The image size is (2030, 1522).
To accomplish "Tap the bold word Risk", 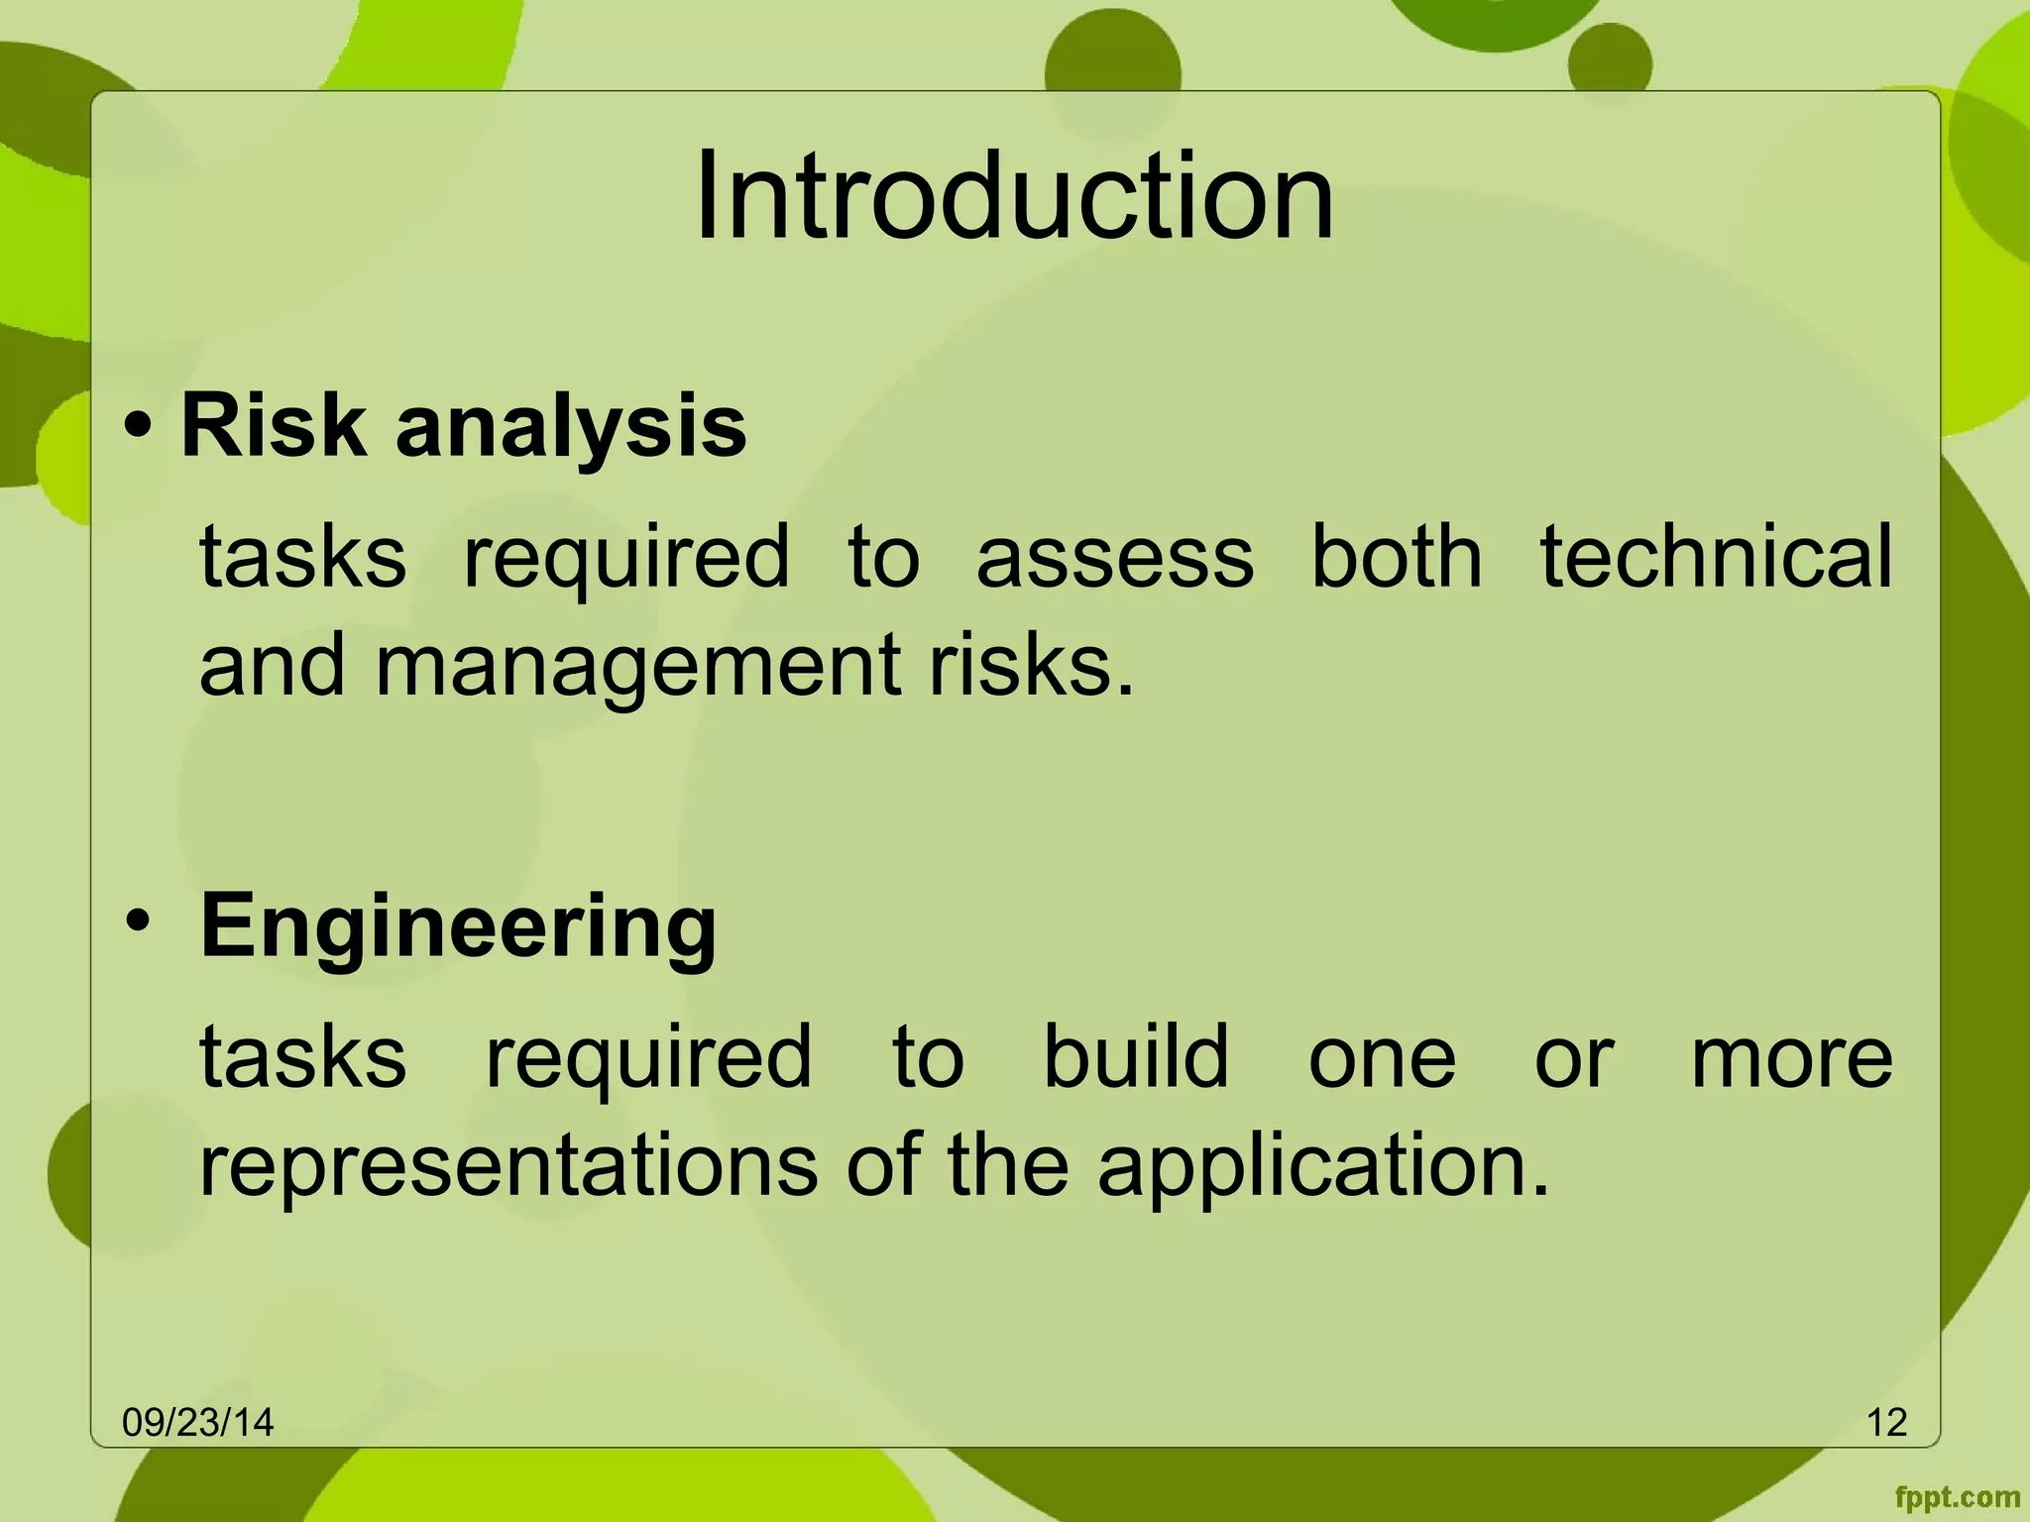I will (273, 426).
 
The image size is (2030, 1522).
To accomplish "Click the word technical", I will (1716, 557).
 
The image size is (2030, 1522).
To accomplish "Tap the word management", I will (638, 666).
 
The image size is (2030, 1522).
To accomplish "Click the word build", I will (1136, 1056).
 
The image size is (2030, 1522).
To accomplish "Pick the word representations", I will (508, 1165).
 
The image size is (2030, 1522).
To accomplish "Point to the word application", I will (1322, 1165).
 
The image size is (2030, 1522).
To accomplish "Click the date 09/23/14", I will (197, 1423).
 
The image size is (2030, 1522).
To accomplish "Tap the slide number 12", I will (1886, 1423).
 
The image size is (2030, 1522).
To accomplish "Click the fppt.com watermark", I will (1957, 1497).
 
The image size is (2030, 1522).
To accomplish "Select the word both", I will (1397, 557).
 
